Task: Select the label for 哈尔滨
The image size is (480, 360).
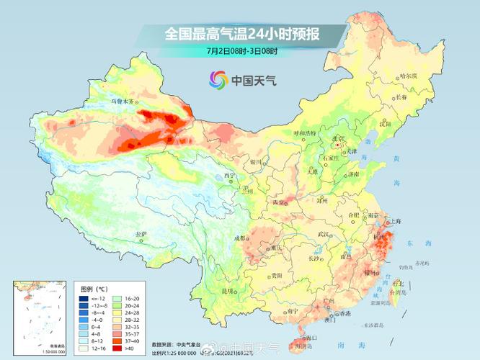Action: click(409, 75)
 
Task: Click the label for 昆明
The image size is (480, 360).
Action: click(228, 291)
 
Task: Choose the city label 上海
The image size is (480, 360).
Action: click(394, 222)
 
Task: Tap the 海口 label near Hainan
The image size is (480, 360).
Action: click(311, 337)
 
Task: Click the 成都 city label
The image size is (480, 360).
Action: click(239, 238)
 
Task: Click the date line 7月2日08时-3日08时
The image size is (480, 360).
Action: click(241, 51)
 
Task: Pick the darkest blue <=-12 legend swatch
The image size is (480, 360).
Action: click(85, 298)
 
